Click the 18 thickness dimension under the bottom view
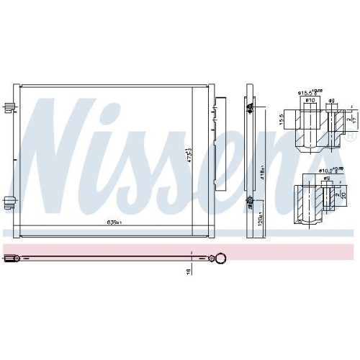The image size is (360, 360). [189, 271]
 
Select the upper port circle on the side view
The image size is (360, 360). [250, 108]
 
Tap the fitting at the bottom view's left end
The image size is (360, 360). [12, 255]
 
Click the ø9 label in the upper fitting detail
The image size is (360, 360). [330, 101]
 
